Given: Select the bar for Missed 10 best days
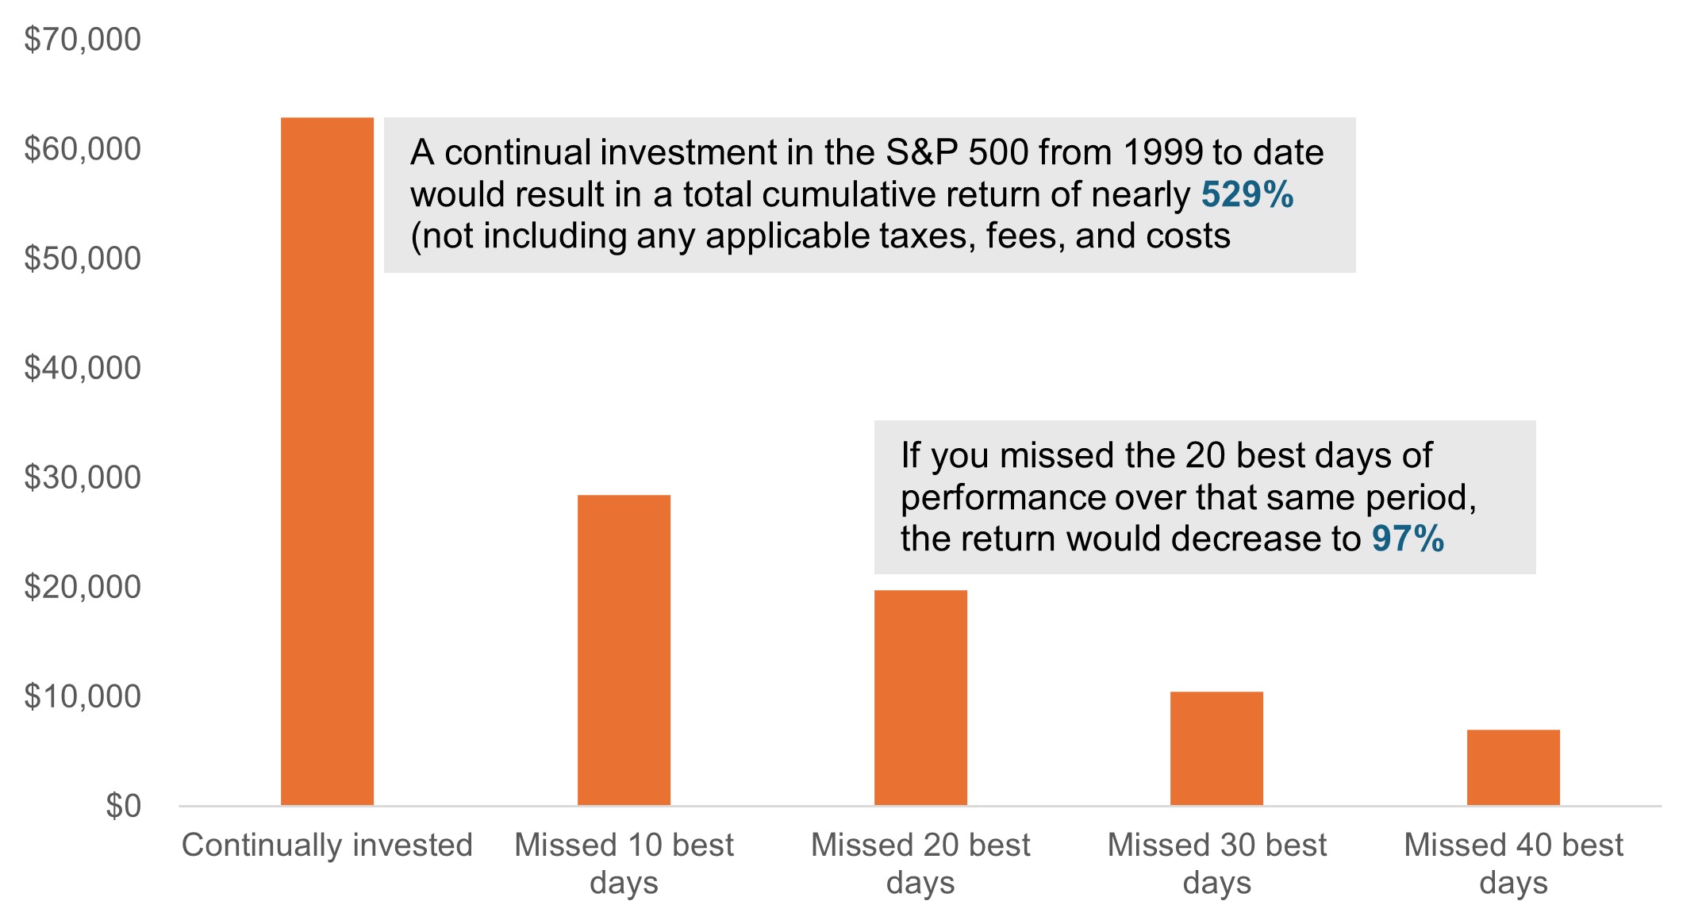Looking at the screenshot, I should click(x=624, y=650).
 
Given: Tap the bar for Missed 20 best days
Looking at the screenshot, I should click(x=920, y=698).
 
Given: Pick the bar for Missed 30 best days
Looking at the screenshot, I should click(x=1216, y=749).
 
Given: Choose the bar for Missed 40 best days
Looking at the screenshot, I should click(x=1513, y=768).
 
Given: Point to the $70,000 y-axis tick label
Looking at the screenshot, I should click(x=83, y=39).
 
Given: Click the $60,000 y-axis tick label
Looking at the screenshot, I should click(x=83, y=148).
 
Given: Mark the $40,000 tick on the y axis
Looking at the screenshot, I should click(x=83, y=367).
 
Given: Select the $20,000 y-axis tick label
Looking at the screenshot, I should click(x=83, y=586).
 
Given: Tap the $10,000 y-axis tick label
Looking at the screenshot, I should click(x=83, y=696).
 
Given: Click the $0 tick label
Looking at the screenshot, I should click(x=123, y=805).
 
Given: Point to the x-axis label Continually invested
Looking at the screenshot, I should click(x=327, y=845).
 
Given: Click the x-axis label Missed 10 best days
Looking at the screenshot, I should click(x=624, y=863).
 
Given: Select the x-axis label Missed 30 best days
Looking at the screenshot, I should click(x=1216, y=863).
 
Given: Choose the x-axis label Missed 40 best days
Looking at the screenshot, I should click(x=1513, y=863).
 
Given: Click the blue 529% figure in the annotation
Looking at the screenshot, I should click(x=1247, y=194).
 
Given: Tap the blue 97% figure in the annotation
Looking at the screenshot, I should click(x=1408, y=539).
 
